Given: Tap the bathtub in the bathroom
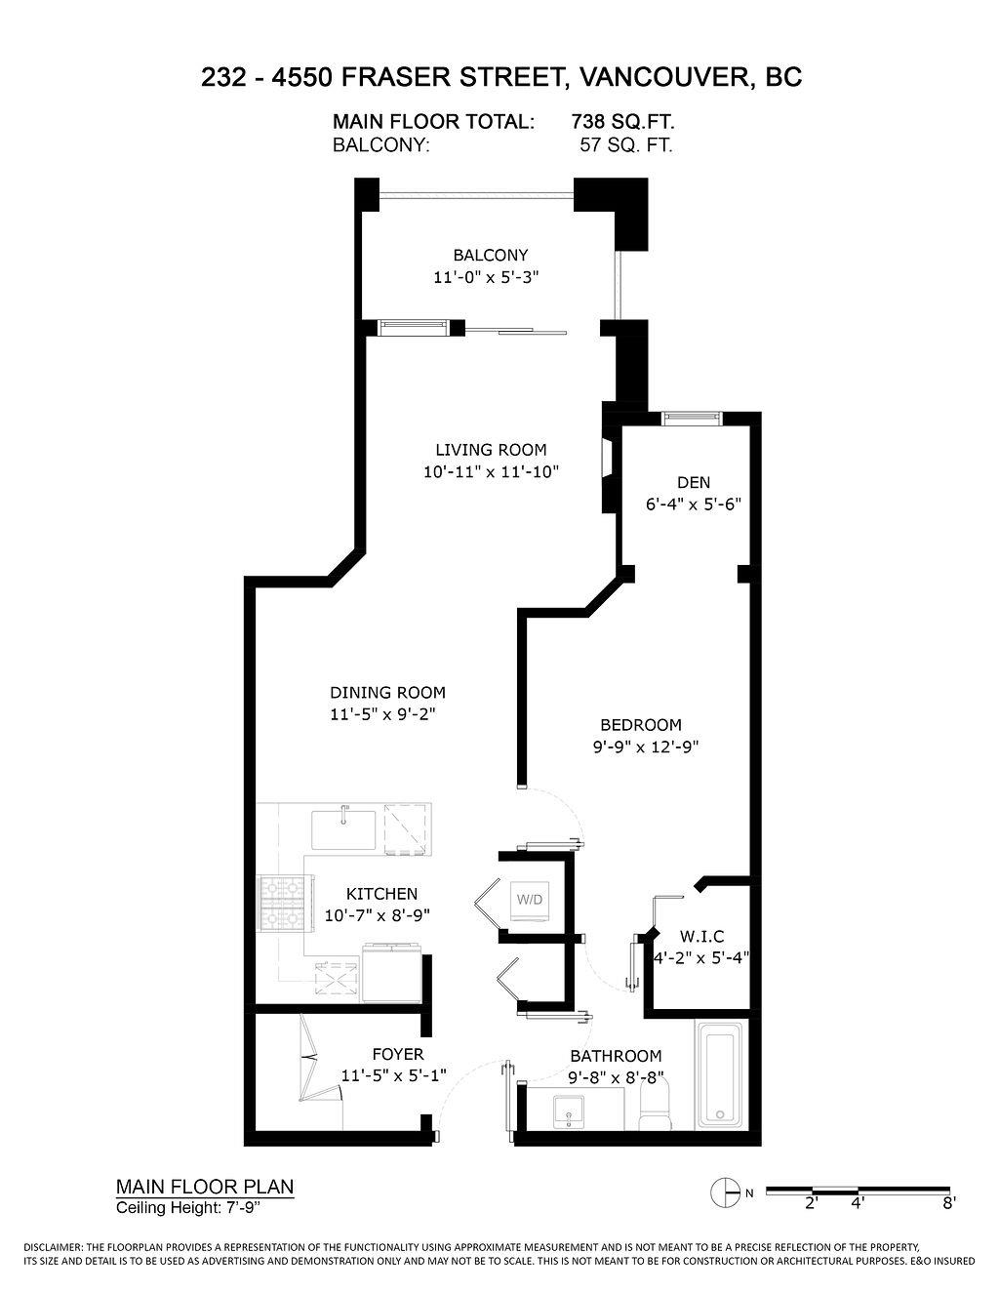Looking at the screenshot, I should point(719,1074).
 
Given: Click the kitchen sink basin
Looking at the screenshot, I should point(343,829).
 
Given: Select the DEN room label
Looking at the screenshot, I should point(694,482).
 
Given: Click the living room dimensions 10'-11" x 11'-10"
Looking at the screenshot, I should point(491,472).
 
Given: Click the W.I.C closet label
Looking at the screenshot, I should point(701,936).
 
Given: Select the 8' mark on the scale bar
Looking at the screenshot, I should point(947,1203).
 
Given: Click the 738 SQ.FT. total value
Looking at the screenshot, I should point(622,122).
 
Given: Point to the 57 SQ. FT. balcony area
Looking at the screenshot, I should point(625,145).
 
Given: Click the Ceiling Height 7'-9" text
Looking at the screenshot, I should point(189,1208).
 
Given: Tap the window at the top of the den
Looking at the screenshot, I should point(691,419).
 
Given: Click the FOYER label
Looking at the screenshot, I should point(398,1054).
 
